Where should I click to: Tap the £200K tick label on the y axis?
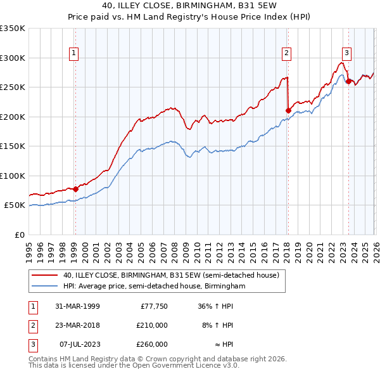point(13,117)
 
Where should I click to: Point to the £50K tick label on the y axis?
point(14,205)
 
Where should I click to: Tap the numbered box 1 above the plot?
point(75,53)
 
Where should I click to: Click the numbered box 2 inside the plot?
point(287,53)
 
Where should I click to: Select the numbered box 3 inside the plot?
point(347,53)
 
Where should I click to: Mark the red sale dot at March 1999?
point(75,189)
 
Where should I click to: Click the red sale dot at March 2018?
point(288,110)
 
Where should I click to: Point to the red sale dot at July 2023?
point(348,81)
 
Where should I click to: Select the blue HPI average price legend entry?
point(153,287)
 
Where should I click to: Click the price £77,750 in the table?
point(153,306)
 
